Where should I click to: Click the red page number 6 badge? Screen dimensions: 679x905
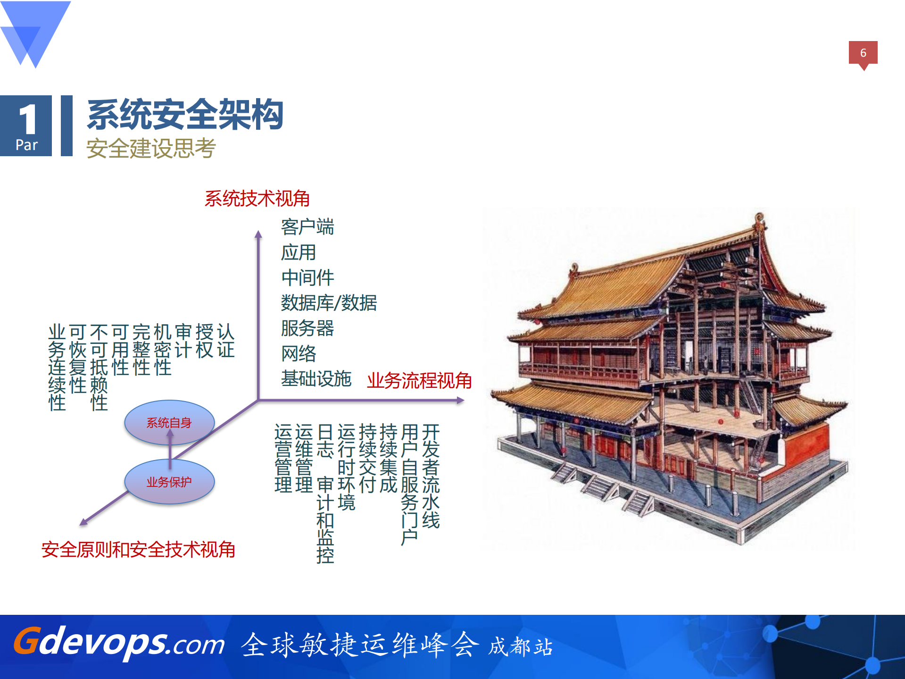point(863,53)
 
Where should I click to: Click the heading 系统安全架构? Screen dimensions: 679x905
point(185,115)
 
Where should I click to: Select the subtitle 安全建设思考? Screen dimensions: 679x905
point(151,148)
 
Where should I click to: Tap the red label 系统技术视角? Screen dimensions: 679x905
point(257,199)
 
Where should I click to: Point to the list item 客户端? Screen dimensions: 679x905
point(307,227)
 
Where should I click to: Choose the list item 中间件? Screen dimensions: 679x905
point(307,277)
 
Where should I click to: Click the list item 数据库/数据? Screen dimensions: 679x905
point(329,303)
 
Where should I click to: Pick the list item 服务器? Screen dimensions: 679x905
point(307,328)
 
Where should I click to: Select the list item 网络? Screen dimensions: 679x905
point(299,353)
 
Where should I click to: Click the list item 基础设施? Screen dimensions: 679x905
point(316,379)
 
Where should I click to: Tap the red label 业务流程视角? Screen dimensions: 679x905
point(419,380)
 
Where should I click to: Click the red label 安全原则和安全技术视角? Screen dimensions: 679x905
point(138,550)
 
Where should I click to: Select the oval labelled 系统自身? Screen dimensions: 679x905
point(169,423)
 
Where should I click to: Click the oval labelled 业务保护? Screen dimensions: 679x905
point(169,482)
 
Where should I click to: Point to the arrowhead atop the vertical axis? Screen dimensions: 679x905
point(258,234)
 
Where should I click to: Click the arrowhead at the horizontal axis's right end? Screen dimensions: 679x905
point(461,400)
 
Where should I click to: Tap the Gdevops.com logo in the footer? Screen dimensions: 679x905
point(119,643)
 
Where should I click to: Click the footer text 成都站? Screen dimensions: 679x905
point(520,646)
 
